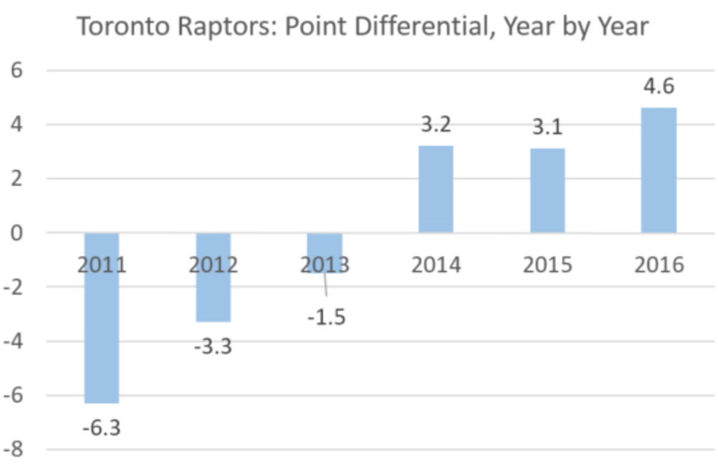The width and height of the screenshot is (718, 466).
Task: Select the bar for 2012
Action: coord(214,299)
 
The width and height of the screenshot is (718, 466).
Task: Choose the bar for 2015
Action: coord(547,191)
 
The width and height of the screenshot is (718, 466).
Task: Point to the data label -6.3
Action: coord(102,428)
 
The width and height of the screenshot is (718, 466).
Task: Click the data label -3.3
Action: coord(213,347)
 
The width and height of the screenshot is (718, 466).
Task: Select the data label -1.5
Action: coord(327,317)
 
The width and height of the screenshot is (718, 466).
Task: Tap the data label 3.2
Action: coord(435,125)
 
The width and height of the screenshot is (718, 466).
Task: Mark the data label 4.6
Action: coord(658,87)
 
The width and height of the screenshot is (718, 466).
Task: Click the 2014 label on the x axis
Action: coord(436,265)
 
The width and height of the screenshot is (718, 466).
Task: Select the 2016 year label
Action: coord(659,265)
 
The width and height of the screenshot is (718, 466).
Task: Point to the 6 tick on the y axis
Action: coord(16,70)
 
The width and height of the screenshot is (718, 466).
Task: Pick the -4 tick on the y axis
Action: coord(13,341)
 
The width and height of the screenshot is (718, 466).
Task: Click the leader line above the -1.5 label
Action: coord(325,285)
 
